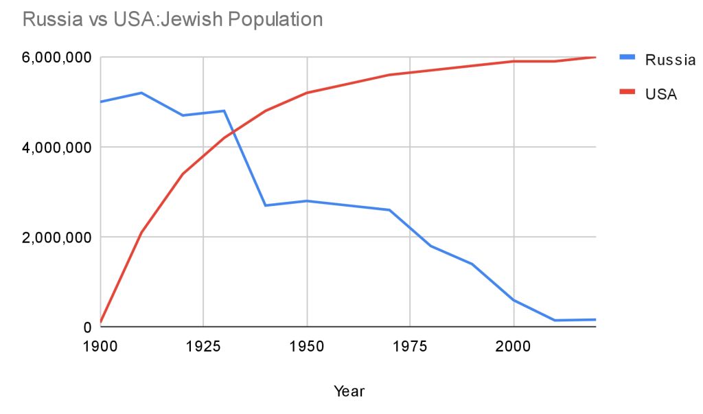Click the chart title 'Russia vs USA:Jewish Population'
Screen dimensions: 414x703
[172, 19]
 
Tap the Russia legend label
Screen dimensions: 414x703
[670, 60]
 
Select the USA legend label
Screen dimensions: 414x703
[661, 95]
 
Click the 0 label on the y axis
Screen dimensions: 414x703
[88, 327]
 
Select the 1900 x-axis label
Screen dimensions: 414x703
[100, 346]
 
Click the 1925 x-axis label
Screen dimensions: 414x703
[203, 346]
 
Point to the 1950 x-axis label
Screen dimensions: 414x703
[307, 346]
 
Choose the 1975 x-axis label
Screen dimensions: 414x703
[410, 346]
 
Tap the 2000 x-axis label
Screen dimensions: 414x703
[514, 346]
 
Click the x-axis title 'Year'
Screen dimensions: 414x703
[349, 392]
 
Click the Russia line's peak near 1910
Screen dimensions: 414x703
[141, 93]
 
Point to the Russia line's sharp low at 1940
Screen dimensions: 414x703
[265, 205]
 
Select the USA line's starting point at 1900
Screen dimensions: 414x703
[100, 322]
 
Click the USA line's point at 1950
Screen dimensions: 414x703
[307, 93]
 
